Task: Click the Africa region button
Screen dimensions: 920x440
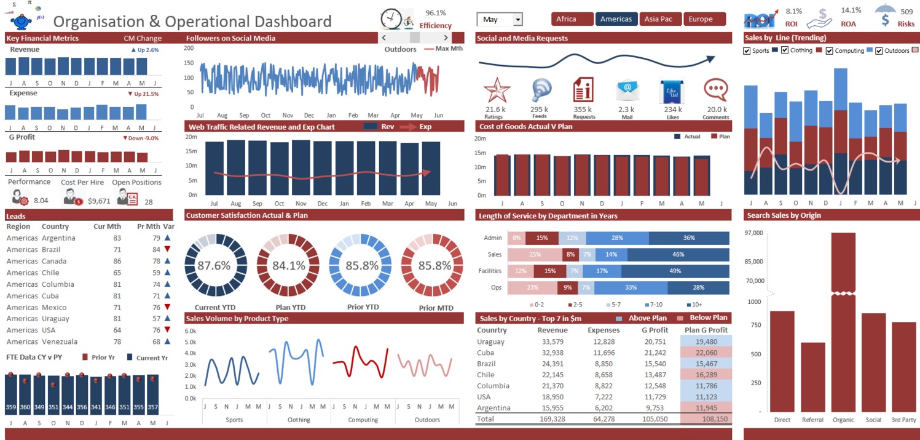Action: click(572, 19)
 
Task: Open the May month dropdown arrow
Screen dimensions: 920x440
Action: click(518, 19)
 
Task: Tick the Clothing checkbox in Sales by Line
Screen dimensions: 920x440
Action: click(784, 50)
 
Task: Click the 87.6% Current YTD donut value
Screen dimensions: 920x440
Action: click(214, 266)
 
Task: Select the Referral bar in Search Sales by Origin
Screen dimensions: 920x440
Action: click(813, 377)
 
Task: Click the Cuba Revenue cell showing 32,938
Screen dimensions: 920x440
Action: click(552, 353)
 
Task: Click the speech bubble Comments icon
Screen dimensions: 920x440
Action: click(715, 90)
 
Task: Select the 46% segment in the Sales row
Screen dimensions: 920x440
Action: click(678, 255)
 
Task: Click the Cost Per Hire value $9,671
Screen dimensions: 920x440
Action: click(99, 201)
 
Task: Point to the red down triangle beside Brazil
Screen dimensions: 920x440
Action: click(167, 249)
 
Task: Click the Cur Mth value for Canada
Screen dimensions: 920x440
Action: click(117, 261)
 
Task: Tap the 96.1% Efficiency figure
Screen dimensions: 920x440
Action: click(435, 13)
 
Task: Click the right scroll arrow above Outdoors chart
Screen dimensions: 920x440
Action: click(446, 38)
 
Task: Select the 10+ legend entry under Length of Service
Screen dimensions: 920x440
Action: click(694, 305)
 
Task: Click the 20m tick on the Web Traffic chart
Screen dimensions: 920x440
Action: click(191, 137)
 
